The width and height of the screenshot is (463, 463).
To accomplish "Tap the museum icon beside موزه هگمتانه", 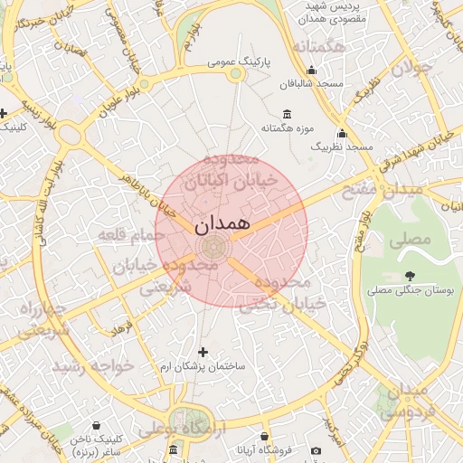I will (288, 113).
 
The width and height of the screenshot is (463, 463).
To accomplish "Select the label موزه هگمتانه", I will (288, 128).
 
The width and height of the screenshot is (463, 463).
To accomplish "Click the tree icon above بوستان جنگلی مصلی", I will (411, 276).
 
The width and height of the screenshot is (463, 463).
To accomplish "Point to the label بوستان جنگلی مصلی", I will (411, 291).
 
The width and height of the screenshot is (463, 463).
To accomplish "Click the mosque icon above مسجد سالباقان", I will (312, 70).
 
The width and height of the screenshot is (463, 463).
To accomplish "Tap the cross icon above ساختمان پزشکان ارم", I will (202, 351).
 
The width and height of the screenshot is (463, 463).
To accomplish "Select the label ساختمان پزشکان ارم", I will (202, 367).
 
